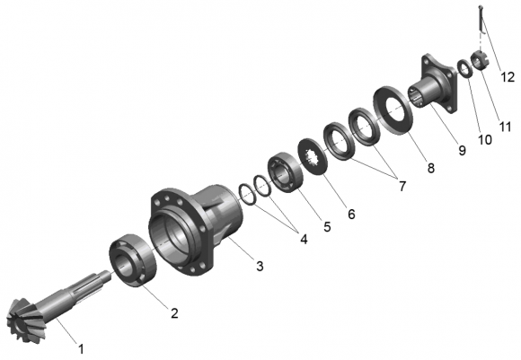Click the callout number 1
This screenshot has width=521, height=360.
pos(81,349)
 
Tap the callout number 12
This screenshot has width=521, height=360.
pos(508,77)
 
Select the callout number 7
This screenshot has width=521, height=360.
pos(402,187)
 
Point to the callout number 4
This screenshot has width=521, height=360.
pos(304,239)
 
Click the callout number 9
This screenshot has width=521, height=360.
pos(463,151)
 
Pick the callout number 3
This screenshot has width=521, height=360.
pos(260,266)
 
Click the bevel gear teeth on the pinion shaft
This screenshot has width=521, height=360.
pos(24,318)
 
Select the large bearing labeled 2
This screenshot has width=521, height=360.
pos(133,260)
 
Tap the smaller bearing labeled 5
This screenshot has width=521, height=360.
pos(286,172)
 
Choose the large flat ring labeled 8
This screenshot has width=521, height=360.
pos(393,110)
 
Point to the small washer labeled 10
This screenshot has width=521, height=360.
pos(464,69)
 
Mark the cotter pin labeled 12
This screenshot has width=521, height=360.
pos(481,19)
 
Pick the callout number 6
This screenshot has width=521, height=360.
pos(351,214)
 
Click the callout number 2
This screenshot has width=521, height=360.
pos(174,312)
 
